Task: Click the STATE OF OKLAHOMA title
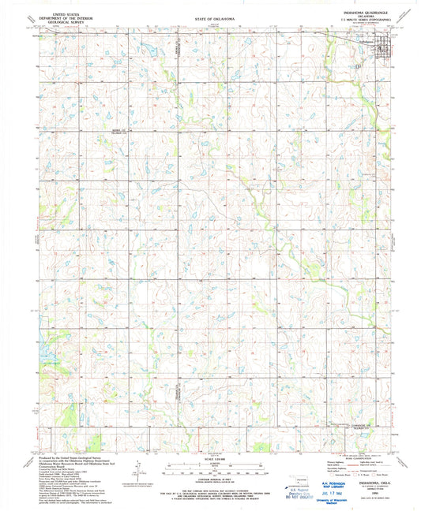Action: coord(209,17)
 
